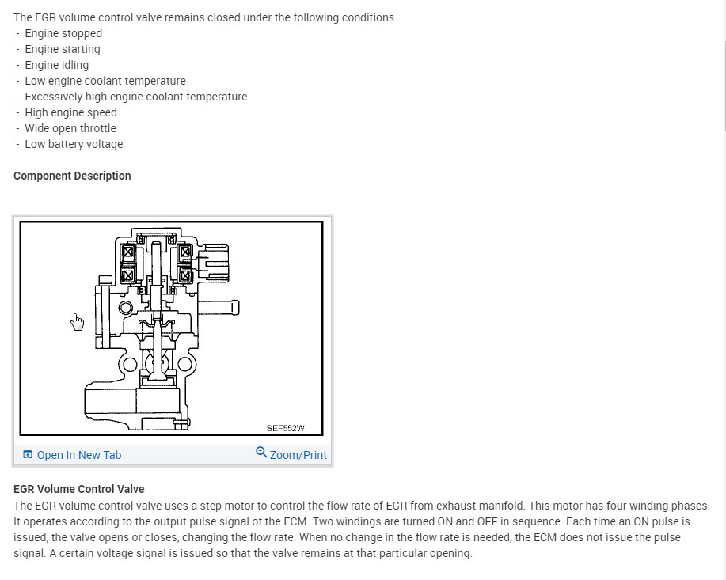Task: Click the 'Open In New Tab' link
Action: pos(78,455)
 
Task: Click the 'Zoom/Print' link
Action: pos(298,455)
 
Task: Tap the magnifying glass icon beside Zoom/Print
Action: pos(261,453)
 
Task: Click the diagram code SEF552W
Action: pos(285,428)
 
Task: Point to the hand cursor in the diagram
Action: pos(77,321)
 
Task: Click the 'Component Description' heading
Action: pos(72,176)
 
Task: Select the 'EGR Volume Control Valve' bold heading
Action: pos(79,489)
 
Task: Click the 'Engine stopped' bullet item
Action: pos(63,33)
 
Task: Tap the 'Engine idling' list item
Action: pos(57,65)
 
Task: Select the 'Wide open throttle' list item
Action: pos(70,128)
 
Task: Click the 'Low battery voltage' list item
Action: pos(74,144)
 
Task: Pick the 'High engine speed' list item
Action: pos(70,112)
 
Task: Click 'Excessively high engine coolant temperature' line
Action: pos(135,97)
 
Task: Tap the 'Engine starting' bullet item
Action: pos(63,49)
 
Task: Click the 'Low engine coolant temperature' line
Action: pos(105,81)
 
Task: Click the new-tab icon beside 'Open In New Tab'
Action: pos(28,455)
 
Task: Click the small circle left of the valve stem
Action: pos(125,307)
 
